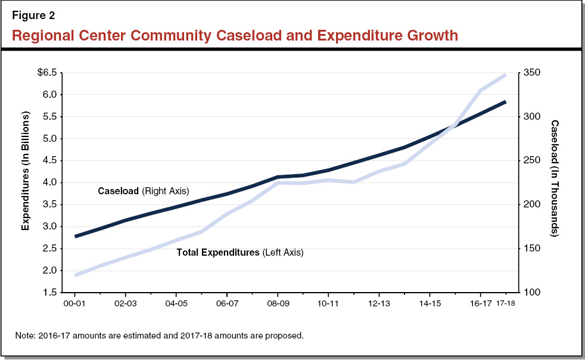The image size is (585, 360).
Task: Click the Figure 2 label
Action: coord(33,15)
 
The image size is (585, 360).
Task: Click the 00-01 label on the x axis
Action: coord(74,303)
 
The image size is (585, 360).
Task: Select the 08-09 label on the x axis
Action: coord(278,303)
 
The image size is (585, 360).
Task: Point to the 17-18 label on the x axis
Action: coord(505,303)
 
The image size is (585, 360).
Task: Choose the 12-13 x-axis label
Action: coord(379,303)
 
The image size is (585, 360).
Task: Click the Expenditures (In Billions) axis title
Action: coord(26,182)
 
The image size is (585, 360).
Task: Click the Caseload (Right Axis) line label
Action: coord(143,191)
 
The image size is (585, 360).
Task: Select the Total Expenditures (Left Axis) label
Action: coord(240,253)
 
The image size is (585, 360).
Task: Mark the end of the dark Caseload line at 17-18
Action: coord(506,102)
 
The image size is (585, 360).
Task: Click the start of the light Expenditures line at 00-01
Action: coord(75,275)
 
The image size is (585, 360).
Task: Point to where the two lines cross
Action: coord(456,125)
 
